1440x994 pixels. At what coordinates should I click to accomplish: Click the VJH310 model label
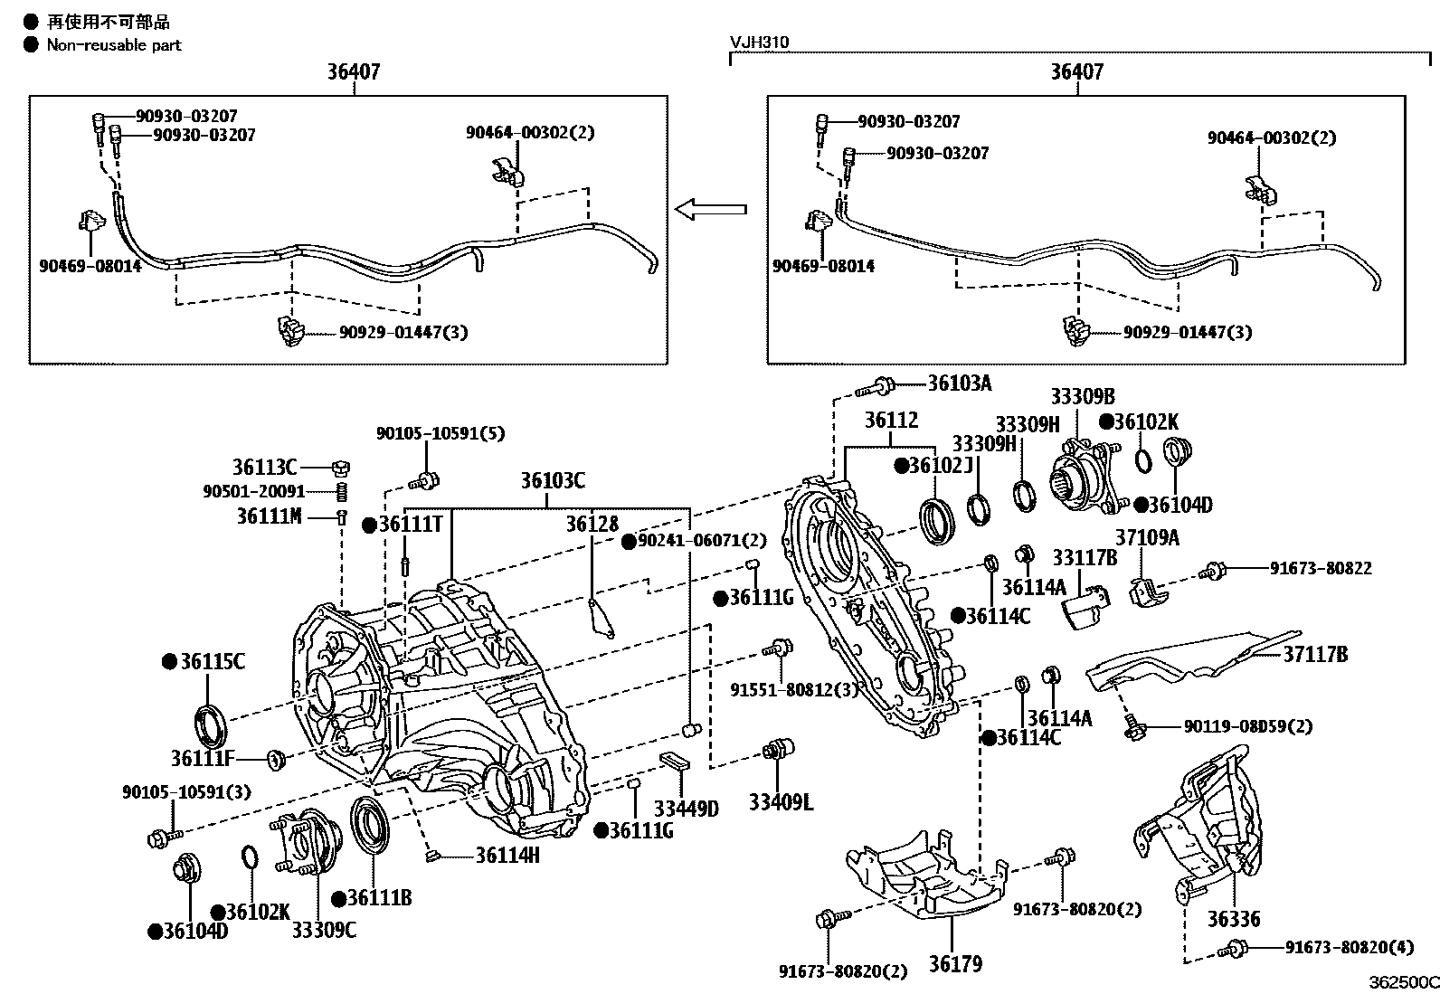coord(760,43)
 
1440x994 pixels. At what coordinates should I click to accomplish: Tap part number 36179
coord(955,964)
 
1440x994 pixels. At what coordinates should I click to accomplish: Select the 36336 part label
coord(1233,919)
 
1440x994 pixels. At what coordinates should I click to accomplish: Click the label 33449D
coord(686,809)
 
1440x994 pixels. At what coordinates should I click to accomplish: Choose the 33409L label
coord(781,801)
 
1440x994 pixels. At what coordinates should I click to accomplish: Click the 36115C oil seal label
coord(212,662)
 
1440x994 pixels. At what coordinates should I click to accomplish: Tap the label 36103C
coord(552,480)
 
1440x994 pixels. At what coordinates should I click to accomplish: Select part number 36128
coord(592,524)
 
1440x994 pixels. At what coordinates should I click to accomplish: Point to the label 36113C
coord(264,468)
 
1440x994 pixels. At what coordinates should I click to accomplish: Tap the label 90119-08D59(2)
coord(1248,726)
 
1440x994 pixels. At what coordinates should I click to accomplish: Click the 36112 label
coord(891,421)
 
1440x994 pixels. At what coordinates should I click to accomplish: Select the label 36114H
coord(507,854)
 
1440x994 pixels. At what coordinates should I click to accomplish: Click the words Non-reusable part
coord(114,44)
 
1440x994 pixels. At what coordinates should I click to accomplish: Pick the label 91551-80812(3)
coord(794,690)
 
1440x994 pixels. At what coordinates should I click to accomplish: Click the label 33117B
coord(1085,558)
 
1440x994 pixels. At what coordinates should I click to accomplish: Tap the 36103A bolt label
coord(960,383)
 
